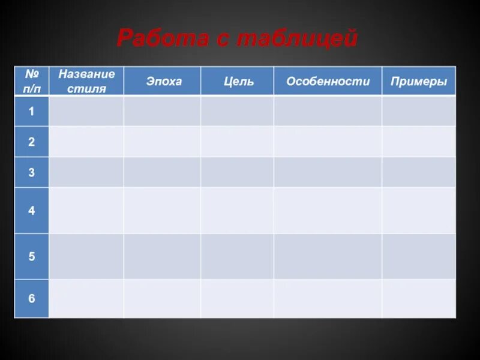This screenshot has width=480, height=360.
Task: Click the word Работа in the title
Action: (x=156, y=39)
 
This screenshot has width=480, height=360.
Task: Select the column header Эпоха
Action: (x=163, y=81)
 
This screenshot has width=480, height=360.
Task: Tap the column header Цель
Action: (x=239, y=81)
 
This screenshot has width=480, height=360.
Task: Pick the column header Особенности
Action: (x=328, y=81)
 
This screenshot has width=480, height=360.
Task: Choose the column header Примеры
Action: (x=419, y=81)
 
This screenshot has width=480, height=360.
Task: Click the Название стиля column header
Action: (x=86, y=81)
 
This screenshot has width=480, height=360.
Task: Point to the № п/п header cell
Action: (x=31, y=81)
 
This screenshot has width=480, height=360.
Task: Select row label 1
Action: (x=31, y=111)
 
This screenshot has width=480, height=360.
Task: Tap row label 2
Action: (x=31, y=142)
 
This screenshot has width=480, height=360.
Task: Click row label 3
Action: (x=31, y=172)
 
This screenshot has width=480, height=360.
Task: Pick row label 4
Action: (x=31, y=211)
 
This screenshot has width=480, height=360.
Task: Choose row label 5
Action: (x=31, y=256)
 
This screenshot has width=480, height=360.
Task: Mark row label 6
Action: (x=31, y=298)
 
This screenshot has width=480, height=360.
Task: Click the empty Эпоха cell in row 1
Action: (x=162, y=111)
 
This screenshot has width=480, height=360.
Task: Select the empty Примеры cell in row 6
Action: (x=419, y=298)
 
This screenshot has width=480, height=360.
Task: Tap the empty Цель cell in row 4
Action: (x=237, y=211)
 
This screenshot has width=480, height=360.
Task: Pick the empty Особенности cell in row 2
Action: (x=328, y=142)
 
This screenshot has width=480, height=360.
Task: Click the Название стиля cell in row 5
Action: (x=86, y=256)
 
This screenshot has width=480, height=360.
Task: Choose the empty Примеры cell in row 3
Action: (x=419, y=172)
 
